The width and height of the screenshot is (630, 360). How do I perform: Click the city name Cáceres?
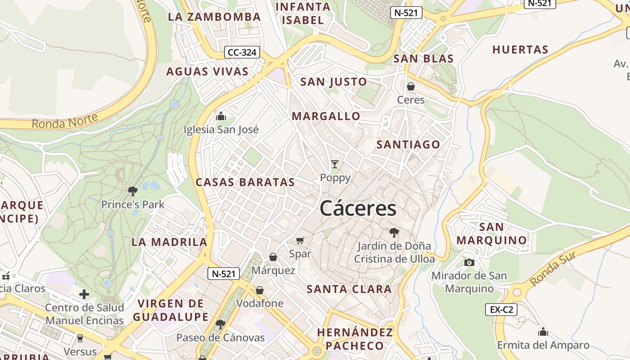click(358, 208)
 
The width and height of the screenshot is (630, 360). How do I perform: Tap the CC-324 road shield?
click(242, 53)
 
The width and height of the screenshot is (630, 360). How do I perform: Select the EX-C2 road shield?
click(501, 310)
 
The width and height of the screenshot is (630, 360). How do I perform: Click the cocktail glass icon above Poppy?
click(334, 164)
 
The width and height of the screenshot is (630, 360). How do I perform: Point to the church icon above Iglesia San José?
click(221, 116)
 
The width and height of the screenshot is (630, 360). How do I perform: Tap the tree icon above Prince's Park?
click(132, 191)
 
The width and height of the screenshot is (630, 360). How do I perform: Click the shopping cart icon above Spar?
click(300, 240)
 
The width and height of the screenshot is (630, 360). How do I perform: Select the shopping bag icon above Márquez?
click(273, 257)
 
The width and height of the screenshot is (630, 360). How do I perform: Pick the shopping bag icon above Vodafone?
click(260, 290)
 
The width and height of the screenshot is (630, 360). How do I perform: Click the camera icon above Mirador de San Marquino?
click(469, 262)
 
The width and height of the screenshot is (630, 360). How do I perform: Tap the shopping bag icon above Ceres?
click(410, 86)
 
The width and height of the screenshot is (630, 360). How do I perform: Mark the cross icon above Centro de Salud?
click(84, 295)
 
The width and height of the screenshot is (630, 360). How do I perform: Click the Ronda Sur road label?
click(553, 269)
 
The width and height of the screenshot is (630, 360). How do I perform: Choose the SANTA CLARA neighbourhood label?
click(349, 289)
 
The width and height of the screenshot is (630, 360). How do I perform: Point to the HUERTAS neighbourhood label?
click(521, 50)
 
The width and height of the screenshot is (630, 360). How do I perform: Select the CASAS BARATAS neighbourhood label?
click(245, 182)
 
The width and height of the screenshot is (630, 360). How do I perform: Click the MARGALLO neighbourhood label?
click(326, 116)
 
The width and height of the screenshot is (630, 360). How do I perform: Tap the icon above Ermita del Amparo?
click(543, 332)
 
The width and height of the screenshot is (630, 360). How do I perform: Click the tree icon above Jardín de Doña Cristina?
click(394, 233)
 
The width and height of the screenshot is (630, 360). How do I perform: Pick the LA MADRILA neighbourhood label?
click(169, 242)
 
